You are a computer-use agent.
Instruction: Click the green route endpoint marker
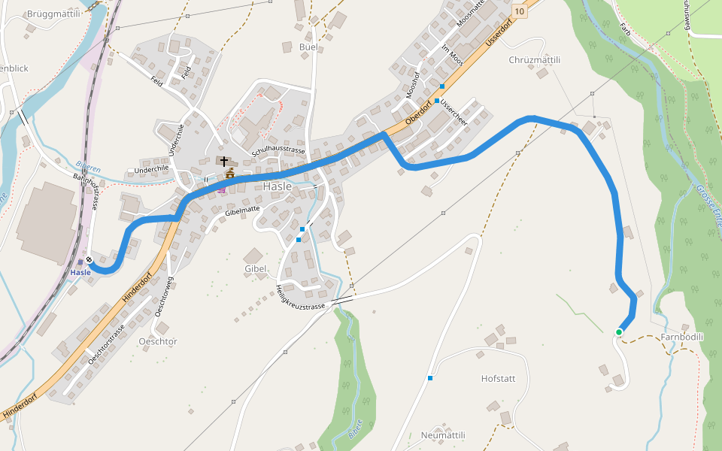point(619,332)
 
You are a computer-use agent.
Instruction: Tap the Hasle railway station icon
point(89,261)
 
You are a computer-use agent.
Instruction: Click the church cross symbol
point(224,161)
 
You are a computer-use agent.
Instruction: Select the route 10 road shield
point(518,12)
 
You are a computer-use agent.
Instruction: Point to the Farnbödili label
point(682,337)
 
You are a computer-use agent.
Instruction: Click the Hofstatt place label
point(498,378)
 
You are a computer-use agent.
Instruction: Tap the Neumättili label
point(443,435)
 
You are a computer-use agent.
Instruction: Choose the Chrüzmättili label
point(535,59)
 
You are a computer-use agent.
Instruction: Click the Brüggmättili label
point(53,14)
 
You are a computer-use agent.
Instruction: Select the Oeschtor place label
point(158,341)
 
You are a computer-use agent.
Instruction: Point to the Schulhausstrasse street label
point(278,150)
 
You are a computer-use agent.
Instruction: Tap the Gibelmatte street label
point(242,213)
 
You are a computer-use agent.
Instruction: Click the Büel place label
point(308,47)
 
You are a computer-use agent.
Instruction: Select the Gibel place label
point(256,268)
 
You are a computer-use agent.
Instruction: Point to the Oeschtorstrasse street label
point(105,346)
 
